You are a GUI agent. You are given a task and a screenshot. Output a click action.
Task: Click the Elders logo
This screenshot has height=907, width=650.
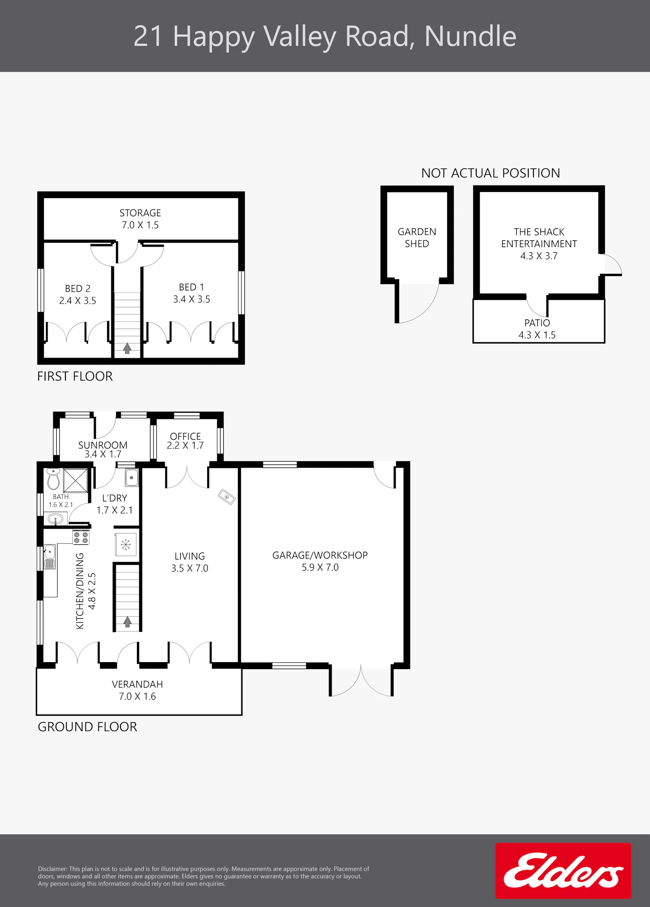(x=563, y=870)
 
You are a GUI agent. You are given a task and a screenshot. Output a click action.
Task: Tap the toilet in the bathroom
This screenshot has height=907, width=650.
(x=53, y=479)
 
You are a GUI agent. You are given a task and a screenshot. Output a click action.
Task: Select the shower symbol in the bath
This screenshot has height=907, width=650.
(x=76, y=480)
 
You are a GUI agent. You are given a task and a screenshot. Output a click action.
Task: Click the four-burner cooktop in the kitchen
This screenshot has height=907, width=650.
(x=81, y=537)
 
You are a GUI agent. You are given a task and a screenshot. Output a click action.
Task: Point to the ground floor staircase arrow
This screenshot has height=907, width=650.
(x=127, y=622)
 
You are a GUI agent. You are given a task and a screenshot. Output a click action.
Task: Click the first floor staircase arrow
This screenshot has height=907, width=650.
(x=127, y=348)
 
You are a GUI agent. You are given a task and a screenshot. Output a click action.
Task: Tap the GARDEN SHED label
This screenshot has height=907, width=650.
(x=417, y=237)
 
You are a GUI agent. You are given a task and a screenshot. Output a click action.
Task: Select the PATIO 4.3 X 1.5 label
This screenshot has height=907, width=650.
(x=537, y=329)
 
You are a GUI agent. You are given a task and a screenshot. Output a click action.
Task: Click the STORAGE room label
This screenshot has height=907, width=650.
(x=140, y=213)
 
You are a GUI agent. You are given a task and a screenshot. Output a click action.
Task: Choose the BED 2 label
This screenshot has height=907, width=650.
(x=78, y=289)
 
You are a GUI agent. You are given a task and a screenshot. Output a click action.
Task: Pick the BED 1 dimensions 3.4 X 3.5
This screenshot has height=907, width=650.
(x=192, y=299)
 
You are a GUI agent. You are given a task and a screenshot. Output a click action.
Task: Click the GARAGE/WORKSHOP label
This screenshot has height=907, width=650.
(x=320, y=555)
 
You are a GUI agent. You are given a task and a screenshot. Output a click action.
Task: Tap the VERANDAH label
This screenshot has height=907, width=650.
(x=137, y=684)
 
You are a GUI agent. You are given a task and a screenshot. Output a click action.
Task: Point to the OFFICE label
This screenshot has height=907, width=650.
(x=185, y=436)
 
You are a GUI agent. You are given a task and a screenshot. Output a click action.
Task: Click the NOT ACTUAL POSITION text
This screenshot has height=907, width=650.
(x=491, y=173)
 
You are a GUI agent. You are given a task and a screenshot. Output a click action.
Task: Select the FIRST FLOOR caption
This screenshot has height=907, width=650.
(x=75, y=376)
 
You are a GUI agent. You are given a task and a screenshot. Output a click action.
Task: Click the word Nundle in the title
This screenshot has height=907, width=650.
(x=471, y=36)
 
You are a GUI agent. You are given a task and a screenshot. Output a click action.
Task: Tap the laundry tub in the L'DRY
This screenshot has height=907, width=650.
(x=132, y=478)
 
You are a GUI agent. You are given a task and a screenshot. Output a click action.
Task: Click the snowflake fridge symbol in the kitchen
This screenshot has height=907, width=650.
(x=126, y=545)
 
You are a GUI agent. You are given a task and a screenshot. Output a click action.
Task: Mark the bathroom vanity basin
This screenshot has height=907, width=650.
(x=55, y=518)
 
